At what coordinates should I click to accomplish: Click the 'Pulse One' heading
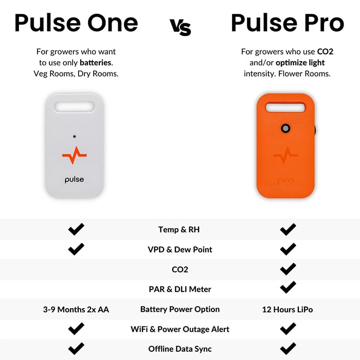tap(76, 23)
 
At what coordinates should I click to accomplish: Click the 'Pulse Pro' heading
tap(287, 23)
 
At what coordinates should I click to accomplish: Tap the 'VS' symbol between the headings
tap(180, 26)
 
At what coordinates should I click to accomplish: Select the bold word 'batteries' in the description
tap(96, 62)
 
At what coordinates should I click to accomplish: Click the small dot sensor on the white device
tap(75, 136)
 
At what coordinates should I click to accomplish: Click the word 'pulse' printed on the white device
tap(75, 179)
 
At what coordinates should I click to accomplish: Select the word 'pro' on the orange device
tap(285, 181)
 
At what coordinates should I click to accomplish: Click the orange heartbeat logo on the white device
tap(75, 156)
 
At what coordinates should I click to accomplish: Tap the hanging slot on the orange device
tap(285, 107)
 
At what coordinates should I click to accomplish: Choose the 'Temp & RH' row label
tap(179, 230)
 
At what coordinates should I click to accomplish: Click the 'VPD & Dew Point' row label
tap(179, 249)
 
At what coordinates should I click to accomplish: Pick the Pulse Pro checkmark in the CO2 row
tap(288, 269)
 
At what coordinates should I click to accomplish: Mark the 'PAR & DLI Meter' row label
tap(179, 290)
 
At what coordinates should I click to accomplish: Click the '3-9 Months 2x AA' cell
tap(76, 310)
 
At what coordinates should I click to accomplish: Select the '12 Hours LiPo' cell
tap(287, 310)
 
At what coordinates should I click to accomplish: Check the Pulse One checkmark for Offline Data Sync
tap(76, 348)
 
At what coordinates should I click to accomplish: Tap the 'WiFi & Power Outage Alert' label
tap(179, 329)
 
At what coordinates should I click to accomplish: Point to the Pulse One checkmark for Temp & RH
tap(76, 229)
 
